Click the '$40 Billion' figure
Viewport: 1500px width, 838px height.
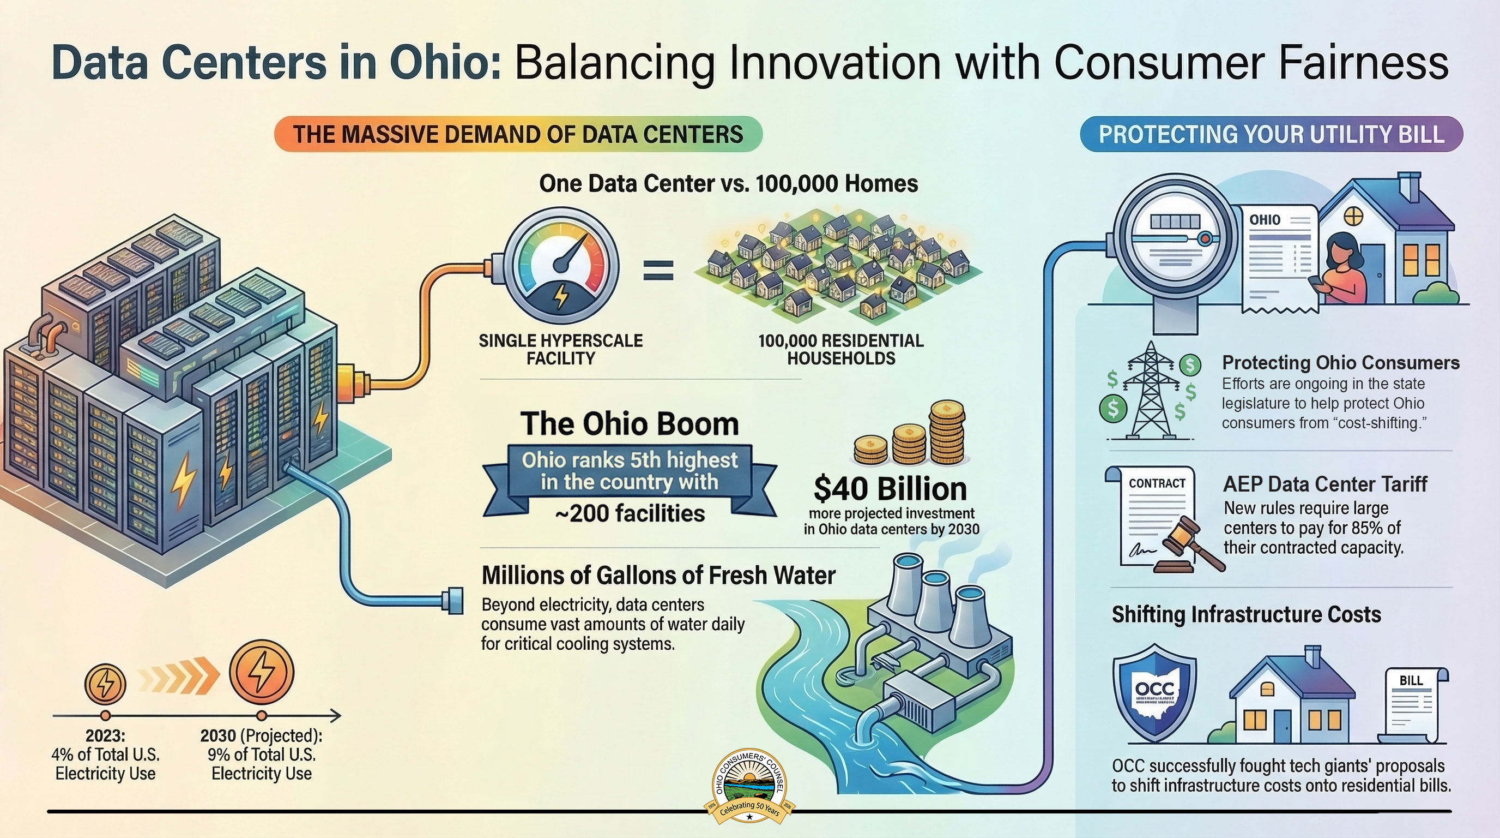pyautogui.click(x=890, y=488)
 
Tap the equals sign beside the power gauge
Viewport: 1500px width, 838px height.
pyautogui.click(x=658, y=271)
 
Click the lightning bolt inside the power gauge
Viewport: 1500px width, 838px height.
pyautogui.click(x=561, y=296)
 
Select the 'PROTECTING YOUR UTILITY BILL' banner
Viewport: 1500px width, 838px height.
pyautogui.click(x=1271, y=134)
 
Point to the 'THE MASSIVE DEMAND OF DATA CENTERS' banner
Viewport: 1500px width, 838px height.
pyautogui.click(x=518, y=134)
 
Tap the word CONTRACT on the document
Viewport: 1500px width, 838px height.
pyautogui.click(x=1157, y=483)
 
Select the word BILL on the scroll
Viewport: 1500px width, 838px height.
pyautogui.click(x=1411, y=680)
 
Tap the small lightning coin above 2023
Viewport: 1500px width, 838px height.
pyautogui.click(x=105, y=684)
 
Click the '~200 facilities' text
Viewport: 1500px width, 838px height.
pyautogui.click(x=630, y=513)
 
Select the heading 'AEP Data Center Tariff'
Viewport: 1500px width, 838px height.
pyautogui.click(x=1324, y=484)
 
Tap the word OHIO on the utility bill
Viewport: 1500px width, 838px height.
pyautogui.click(x=1265, y=220)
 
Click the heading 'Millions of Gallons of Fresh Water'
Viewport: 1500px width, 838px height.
pyautogui.click(x=658, y=575)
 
